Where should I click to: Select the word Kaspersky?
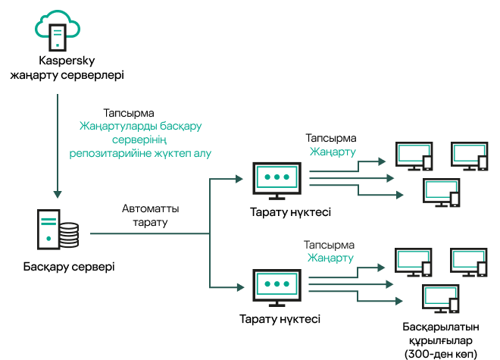pos(66,61)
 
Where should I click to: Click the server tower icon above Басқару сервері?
pos(48,230)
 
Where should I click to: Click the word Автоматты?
pos(151,208)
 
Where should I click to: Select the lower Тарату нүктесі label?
pos(280,319)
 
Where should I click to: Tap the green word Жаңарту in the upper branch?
pos(330,152)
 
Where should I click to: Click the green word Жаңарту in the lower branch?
pos(330,258)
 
